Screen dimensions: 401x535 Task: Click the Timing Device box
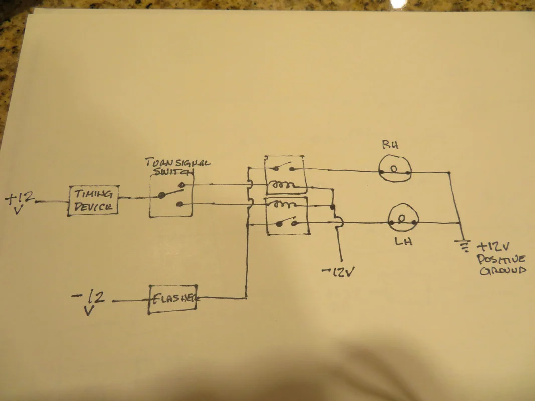93,200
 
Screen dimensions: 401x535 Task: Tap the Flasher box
172,299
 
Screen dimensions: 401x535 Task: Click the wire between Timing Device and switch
134,198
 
